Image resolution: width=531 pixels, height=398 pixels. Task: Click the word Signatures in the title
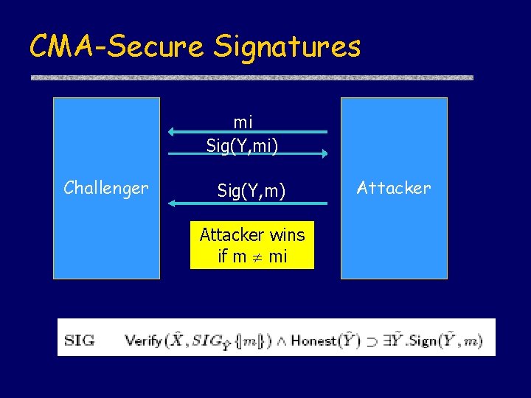(x=288, y=46)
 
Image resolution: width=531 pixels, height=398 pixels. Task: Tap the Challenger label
(x=106, y=188)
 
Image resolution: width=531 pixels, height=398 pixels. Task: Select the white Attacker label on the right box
(x=394, y=188)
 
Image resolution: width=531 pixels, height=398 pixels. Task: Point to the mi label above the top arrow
(x=243, y=122)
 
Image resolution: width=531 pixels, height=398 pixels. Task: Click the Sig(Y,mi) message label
(x=242, y=146)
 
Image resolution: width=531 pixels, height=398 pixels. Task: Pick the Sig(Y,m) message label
(x=251, y=191)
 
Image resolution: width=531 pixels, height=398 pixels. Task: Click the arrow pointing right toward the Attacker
(x=248, y=154)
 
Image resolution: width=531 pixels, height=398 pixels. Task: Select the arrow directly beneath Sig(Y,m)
(x=248, y=201)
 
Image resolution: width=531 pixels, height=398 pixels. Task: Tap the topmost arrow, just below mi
(x=248, y=132)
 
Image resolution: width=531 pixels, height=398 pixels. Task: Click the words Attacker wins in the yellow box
(x=252, y=235)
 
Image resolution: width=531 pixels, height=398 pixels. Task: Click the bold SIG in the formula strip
(x=79, y=341)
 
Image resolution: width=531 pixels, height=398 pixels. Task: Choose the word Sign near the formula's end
(x=426, y=341)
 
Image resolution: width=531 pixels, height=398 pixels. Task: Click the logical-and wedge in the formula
(x=280, y=341)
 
